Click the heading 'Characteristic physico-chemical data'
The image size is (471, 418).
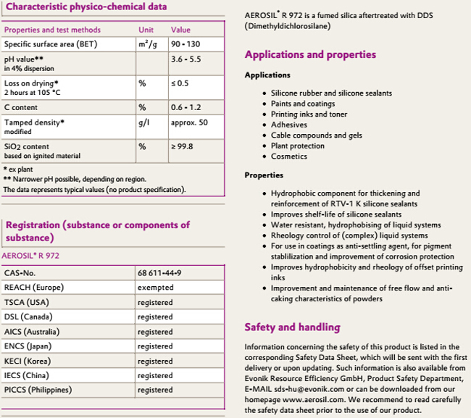point(86,7)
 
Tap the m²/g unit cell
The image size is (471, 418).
point(148,45)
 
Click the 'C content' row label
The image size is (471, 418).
point(22,107)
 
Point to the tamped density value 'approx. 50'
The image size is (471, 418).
point(189,122)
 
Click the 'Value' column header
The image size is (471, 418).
point(180,30)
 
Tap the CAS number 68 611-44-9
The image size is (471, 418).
point(159,273)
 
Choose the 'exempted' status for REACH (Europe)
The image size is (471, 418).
point(155,288)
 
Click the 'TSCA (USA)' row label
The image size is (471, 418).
point(28,302)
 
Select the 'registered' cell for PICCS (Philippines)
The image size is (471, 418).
point(155,390)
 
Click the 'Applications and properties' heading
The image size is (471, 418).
point(310,55)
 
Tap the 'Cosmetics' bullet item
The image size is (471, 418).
point(289,156)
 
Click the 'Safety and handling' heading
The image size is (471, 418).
point(292,327)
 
